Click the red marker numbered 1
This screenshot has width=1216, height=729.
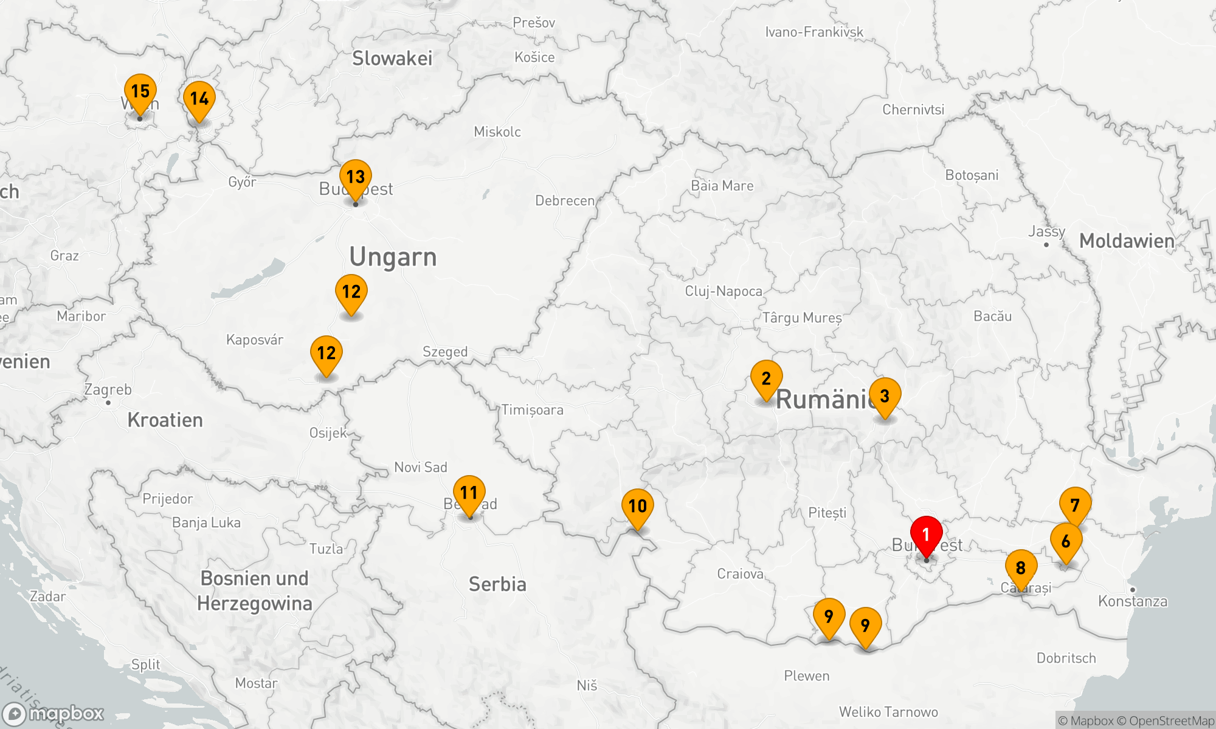pos(926,535)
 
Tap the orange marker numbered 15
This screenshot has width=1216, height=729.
pos(140,92)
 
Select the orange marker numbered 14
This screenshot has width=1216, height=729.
pos(199,100)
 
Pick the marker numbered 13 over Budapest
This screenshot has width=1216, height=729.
pos(356,178)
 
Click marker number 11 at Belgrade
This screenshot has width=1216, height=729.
pos(469,493)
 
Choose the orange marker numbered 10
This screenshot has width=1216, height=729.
pos(637,507)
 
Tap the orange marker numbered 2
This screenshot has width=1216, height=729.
pos(766,379)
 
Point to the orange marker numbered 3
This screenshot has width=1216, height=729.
pos(885,397)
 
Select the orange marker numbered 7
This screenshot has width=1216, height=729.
pos(1075,505)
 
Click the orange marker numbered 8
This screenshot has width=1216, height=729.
pos(1021,569)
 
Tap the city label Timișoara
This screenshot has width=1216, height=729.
pos(533,410)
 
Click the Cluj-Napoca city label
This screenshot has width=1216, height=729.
pos(724,291)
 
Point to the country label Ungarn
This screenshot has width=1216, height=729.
pos(393,257)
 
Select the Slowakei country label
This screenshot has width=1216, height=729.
pos(392,58)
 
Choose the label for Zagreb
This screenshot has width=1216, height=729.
pos(108,389)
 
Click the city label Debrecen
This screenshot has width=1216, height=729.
pos(565,200)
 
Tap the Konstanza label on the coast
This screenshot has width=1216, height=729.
pos(1133,601)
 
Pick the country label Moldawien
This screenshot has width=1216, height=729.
pos(1127,241)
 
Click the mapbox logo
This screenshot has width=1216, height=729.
pos(54,713)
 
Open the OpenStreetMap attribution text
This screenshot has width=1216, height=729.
pos(1171,721)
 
